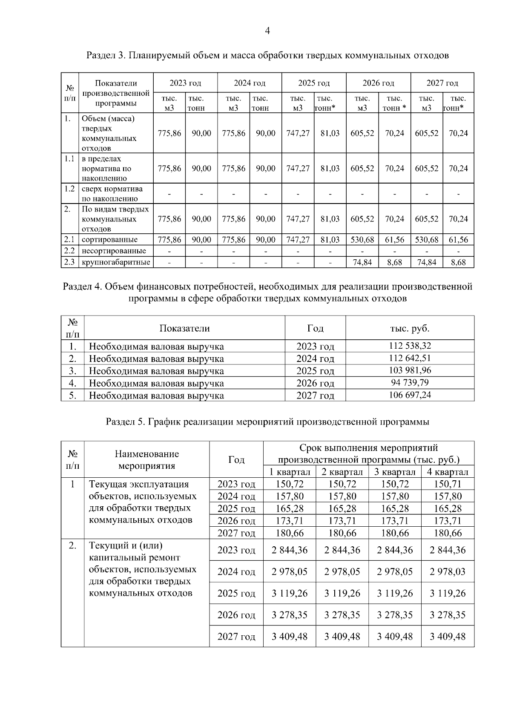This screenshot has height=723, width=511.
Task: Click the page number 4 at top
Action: coord(267,31)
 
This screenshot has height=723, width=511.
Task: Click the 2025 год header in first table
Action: coord(313,83)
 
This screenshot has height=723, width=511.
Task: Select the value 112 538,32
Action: coord(410,346)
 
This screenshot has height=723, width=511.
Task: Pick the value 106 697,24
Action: coord(410,395)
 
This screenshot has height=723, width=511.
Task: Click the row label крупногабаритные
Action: coord(115,262)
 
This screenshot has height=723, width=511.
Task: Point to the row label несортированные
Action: coord(114,251)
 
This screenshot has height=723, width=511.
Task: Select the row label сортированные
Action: coord(109,240)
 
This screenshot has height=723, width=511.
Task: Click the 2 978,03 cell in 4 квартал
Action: coord(448,572)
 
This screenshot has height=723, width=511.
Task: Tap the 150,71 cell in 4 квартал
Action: coord(448,484)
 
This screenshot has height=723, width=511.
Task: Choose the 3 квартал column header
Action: coord(395,472)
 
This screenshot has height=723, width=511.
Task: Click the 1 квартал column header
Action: coord(290,472)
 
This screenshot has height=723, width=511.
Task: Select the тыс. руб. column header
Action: coord(410,328)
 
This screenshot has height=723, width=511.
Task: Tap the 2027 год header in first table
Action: coord(442,83)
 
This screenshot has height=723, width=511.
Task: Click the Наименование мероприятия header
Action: coord(146,460)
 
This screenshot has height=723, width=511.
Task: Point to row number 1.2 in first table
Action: coord(69,189)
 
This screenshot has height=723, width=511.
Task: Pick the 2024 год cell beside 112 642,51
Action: coord(315,359)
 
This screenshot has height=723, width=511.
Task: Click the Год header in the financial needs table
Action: coord(315,328)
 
